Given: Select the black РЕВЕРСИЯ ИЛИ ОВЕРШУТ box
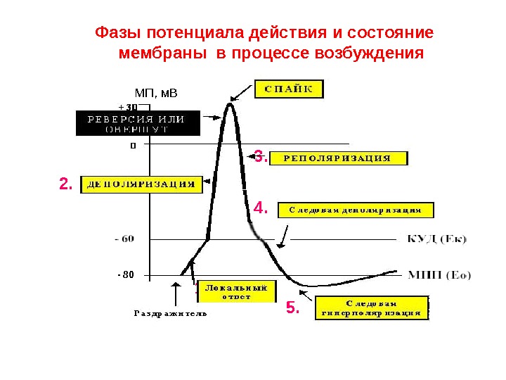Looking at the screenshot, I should tap(137, 123).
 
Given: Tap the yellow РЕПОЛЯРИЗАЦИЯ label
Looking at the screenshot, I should tap(338, 158).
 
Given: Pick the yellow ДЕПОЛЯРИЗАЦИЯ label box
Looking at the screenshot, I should tap(141, 184).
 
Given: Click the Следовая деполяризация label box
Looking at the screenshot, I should tap(356, 210).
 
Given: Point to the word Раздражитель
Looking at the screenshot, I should tap(170, 314).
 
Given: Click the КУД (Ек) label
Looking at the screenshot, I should tap(436, 239).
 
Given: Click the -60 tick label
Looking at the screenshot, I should tap(124, 239).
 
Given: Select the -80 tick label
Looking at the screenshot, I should tap(126, 274).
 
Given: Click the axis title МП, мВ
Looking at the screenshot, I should tap(156, 93).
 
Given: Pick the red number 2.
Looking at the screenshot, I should tap(65, 184).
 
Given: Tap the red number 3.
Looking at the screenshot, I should tap(260, 157).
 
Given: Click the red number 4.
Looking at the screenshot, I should tap(261, 208).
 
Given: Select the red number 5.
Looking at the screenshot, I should tap(292, 308).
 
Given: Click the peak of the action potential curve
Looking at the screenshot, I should tap(229, 105).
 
